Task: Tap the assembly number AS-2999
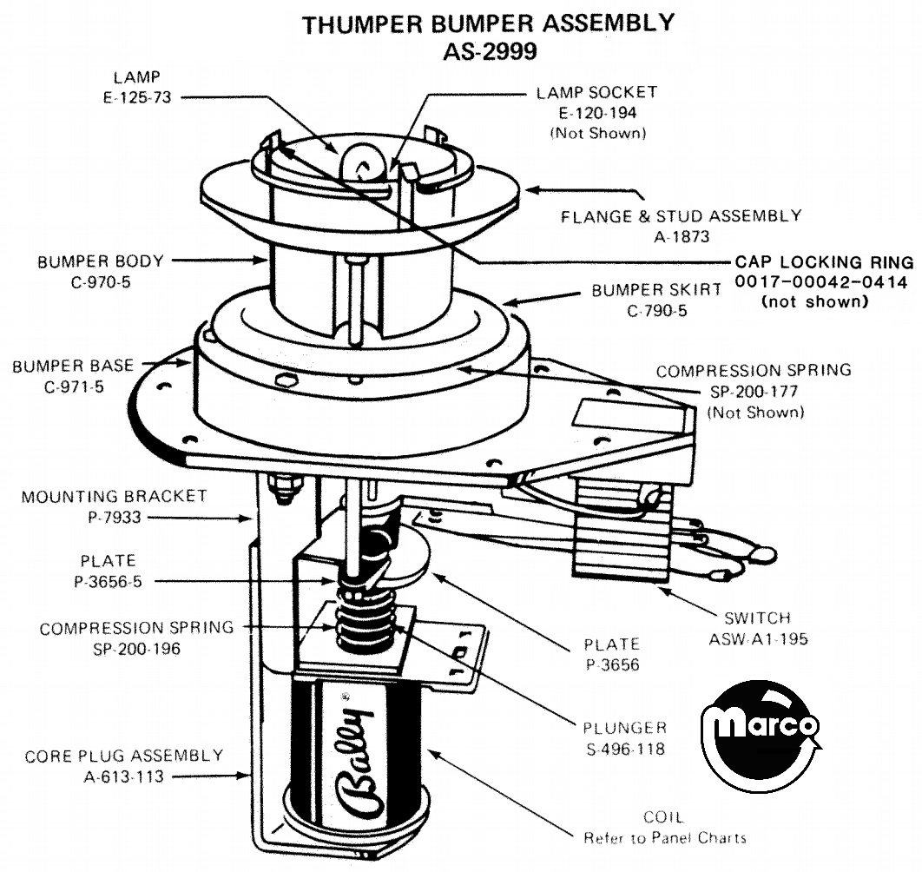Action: (489, 50)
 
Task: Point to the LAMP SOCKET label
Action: (596, 92)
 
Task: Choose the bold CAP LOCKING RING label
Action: (824, 262)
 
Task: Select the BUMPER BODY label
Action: (100, 261)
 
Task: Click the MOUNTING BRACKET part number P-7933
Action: (114, 517)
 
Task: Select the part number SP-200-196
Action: (136, 648)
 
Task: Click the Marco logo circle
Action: (761, 730)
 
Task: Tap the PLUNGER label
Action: (626, 728)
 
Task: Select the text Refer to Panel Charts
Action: (664, 837)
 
